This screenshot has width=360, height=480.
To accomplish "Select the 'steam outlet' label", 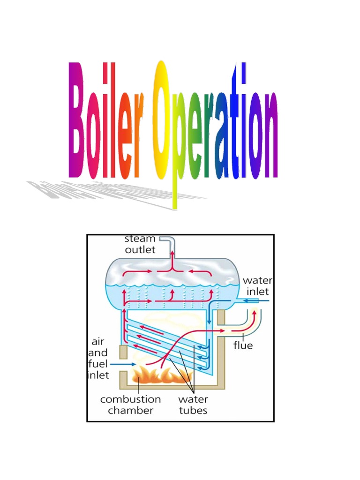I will coord(140,245).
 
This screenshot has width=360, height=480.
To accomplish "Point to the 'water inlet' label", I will coord(257,285).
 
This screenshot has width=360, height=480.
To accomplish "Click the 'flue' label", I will coord(243,345).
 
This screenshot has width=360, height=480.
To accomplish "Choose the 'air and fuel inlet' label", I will coord(98,359).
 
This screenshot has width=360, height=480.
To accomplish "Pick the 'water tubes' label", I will coord(193,405).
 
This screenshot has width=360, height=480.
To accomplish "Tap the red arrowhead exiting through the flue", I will coord(255,313).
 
